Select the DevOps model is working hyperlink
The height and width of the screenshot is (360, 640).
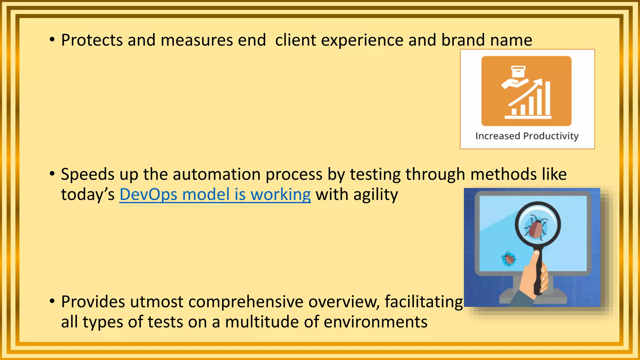pos(215,195)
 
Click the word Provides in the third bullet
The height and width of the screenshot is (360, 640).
pos(93,302)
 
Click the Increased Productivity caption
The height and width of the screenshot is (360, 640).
pos(527,136)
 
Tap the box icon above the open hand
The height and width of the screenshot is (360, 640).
pos(518,71)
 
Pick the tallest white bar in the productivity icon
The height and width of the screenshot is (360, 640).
pos(547,98)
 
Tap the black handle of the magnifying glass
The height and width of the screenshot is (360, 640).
pos(538,275)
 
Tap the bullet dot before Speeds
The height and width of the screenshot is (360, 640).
pos(52,173)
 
